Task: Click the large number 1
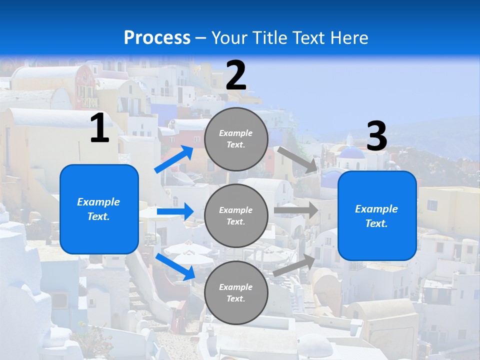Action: (99, 128)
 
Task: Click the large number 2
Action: (236, 75)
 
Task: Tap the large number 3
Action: (376, 136)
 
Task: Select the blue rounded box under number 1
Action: (99, 209)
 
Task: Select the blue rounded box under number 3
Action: (377, 216)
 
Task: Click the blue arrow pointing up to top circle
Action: (174, 159)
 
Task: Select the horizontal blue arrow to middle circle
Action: (175, 211)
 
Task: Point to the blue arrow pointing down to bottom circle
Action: (175, 266)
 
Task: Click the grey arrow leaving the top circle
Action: (297, 159)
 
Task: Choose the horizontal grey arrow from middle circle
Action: (296, 210)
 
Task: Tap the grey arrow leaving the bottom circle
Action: (294, 265)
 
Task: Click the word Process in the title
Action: (157, 37)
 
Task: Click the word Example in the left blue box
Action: (98, 202)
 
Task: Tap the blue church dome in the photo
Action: (352, 153)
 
